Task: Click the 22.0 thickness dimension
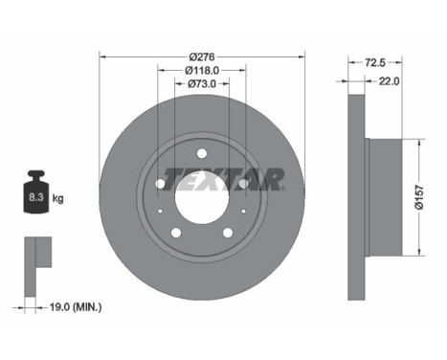[x=387, y=83]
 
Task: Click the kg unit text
[x=57, y=199]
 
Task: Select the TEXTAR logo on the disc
[x=222, y=177]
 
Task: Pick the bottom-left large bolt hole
[x=175, y=232]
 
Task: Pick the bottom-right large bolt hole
[x=227, y=232]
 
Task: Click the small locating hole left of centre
[x=159, y=213]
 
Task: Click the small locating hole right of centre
[x=244, y=213]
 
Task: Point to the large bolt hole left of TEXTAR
[x=159, y=183]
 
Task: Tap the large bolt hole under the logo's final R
[x=244, y=183]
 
